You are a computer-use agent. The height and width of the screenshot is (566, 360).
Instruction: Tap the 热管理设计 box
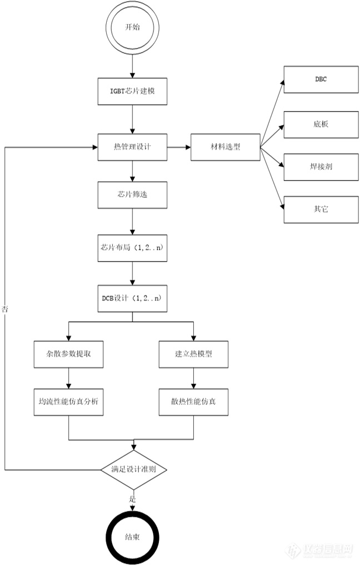coord(132,147)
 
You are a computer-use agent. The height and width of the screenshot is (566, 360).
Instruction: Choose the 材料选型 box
coord(224,147)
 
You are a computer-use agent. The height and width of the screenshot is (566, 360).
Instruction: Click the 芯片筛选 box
coord(132,195)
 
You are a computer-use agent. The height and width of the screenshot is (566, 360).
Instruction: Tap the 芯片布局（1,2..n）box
coord(132,249)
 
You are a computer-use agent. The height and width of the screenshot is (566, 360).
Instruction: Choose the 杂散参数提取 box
coord(68,353)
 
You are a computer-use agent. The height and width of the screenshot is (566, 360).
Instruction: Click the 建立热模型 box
coord(193,353)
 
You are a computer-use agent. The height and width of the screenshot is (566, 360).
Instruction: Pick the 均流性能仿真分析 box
coord(68,401)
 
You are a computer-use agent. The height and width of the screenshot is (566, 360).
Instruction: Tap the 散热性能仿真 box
coord(193,401)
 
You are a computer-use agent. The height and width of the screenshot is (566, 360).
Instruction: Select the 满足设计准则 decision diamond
coord(133,470)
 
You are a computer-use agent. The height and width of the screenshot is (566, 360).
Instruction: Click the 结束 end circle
coord(133,538)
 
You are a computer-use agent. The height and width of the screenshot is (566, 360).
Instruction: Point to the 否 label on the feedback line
coord(6,309)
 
